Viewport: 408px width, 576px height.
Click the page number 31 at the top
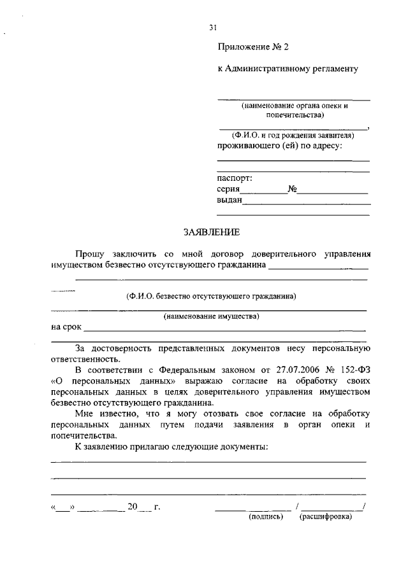click(x=214, y=27)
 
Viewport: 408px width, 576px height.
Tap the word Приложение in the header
click(x=243, y=46)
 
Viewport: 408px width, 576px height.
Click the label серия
click(x=228, y=189)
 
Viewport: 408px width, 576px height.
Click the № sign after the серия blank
click(x=293, y=189)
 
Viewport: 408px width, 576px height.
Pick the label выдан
click(x=229, y=200)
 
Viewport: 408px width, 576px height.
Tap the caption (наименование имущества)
click(x=211, y=316)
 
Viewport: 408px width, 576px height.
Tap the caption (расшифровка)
click(x=325, y=517)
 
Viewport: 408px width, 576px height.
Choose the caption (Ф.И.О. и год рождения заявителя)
click(x=293, y=136)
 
